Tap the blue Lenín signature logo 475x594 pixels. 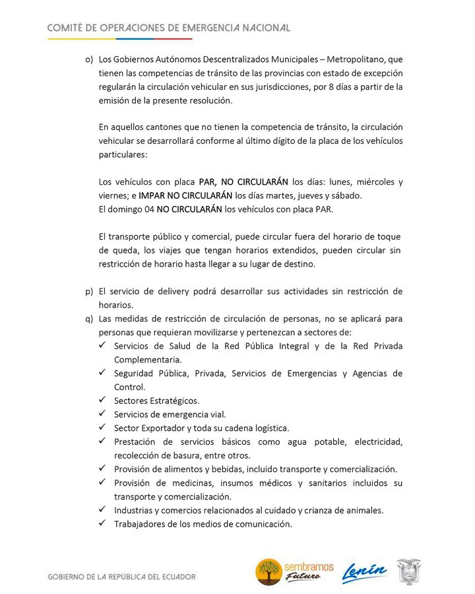pyautogui.click(x=364, y=572)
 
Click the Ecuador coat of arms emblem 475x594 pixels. pyautogui.click(x=409, y=572)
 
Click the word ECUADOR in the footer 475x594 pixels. pyautogui.click(x=174, y=576)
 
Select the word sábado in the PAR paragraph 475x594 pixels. pyautogui.click(x=344, y=195)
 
